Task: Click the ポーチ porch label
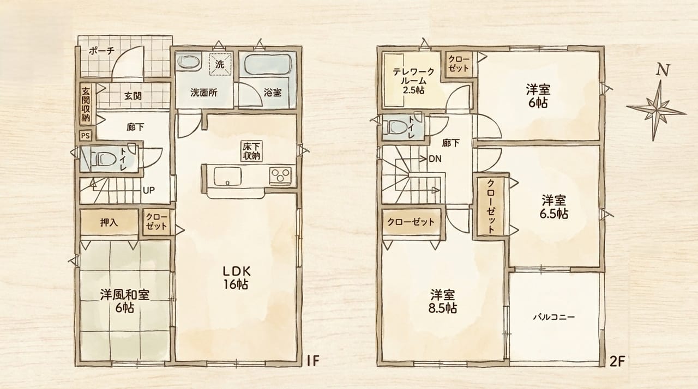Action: [x=101, y=51]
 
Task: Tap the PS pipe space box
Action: [x=86, y=136]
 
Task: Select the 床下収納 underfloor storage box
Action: [x=251, y=151]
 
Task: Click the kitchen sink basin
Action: [x=227, y=176]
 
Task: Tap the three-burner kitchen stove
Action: [x=280, y=175]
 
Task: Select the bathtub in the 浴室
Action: [x=268, y=64]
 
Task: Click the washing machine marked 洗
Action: [x=220, y=64]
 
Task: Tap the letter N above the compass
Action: [x=663, y=70]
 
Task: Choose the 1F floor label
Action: [x=313, y=361]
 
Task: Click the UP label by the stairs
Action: [x=149, y=190]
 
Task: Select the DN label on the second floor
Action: [x=435, y=159]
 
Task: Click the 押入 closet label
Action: [x=109, y=223]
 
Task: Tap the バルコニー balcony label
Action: [x=553, y=317]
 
